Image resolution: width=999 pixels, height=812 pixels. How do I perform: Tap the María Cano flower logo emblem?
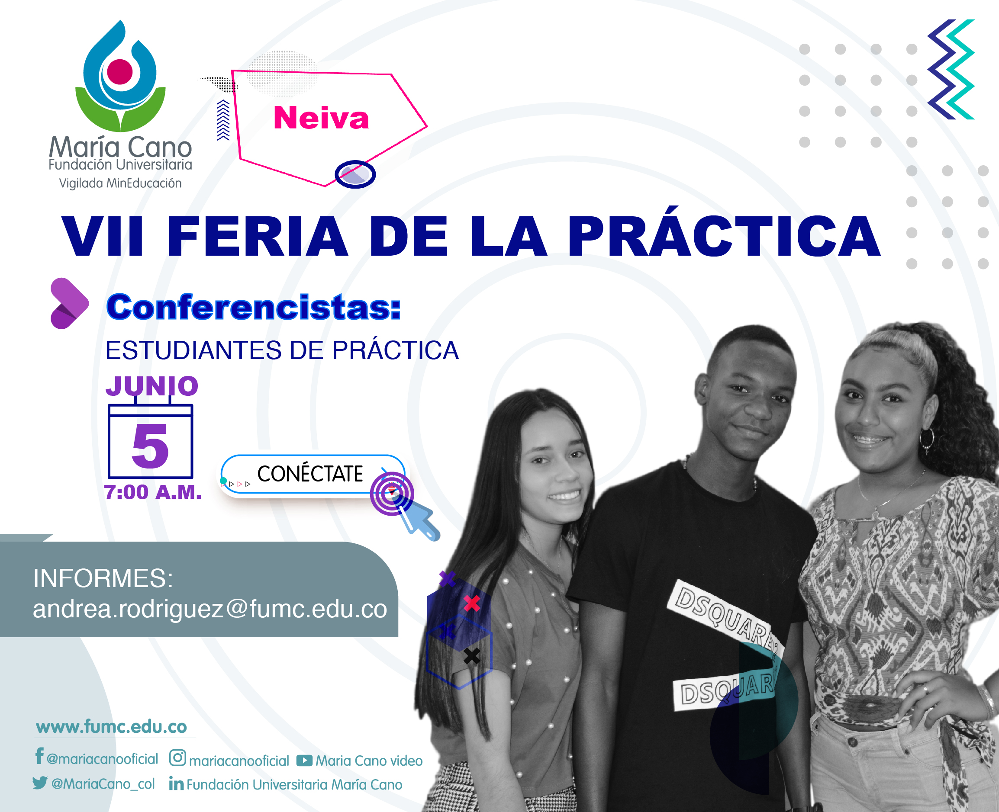120,76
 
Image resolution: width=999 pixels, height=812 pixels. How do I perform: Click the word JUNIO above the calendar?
152,386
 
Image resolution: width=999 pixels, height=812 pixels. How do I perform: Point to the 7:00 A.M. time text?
153,492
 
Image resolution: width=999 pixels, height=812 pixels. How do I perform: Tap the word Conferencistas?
254,307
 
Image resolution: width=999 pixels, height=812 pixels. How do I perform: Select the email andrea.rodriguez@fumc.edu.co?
210,609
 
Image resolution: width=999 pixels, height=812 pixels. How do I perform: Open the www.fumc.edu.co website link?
111,727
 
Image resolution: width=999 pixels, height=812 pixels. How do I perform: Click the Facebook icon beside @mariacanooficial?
40,755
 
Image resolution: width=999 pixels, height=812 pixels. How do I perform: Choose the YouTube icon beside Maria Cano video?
304,761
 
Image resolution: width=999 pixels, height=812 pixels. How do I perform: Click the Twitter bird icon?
40,783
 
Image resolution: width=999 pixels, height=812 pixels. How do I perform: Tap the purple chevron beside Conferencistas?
68,303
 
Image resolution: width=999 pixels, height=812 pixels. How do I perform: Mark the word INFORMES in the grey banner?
103,578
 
